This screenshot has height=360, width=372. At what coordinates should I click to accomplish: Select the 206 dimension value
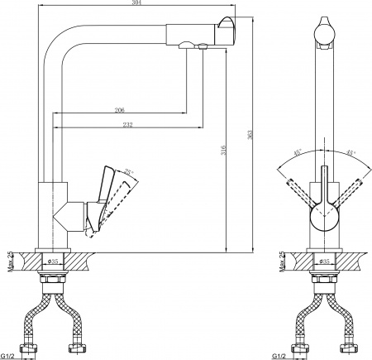(x=119, y=110)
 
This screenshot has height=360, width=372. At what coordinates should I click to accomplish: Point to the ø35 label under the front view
(x=325, y=263)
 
